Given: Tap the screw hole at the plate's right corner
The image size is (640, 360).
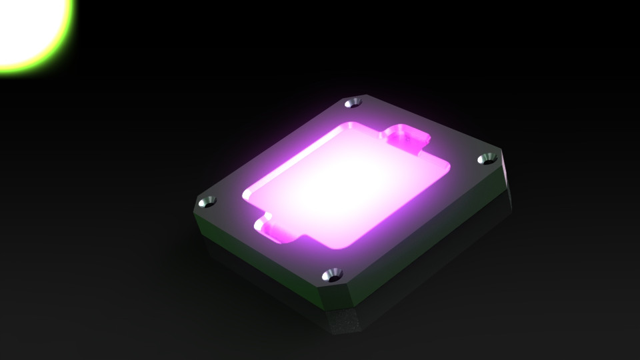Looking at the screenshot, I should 488,159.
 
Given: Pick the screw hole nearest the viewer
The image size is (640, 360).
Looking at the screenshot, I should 331,274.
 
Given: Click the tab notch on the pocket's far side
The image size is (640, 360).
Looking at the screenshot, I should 405,136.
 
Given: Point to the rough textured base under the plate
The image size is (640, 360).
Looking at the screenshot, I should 347,323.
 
